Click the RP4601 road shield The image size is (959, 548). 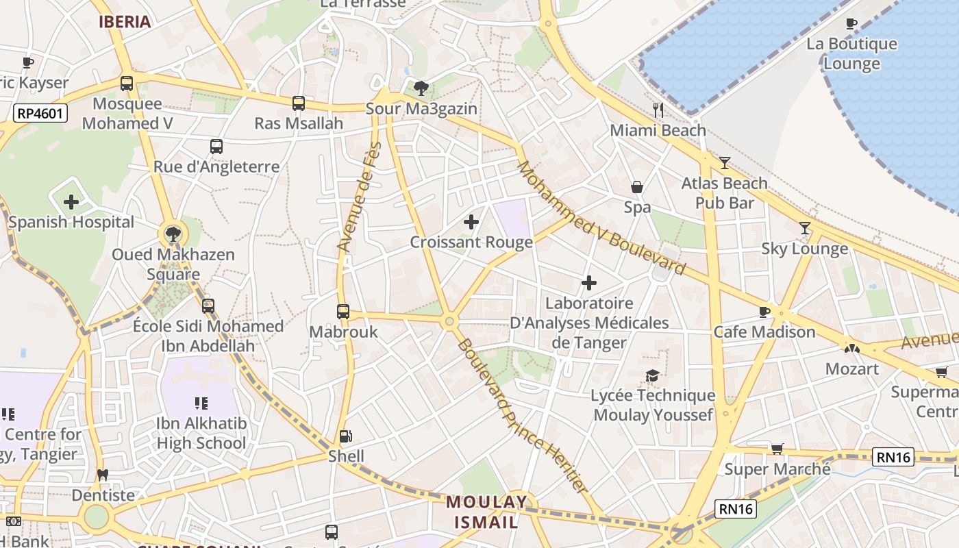pyautogui.click(x=41, y=113)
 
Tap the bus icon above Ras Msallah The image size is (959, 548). pyautogui.click(x=299, y=103)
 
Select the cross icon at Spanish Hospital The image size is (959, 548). pyautogui.click(x=71, y=202)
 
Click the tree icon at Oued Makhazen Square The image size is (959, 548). pyautogui.click(x=173, y=234)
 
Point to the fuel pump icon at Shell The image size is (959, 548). pyautogui.click(x=346, y=436)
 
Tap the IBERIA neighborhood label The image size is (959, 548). pyautogui.click(x=125, y=21)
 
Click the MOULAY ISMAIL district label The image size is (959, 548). pyautogui.click(x=486, y=512)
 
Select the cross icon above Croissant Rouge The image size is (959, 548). pyautogui.click(x=471, y=222)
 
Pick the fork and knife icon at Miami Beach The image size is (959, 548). pyautogui.click(x=658, y=110)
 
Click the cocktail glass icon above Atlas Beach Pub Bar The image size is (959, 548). pyautogui.click(x=725, y=163)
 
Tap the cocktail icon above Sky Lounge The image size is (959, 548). pyautogui.click(x=805, y=228)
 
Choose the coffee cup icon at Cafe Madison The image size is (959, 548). pyautogui.click(x=764, y=312)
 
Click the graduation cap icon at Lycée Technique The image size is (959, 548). pyautogui.click(x=653, y=375)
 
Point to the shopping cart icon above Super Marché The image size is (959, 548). pyautogui.click(x=777, y=449)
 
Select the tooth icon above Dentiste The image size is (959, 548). pyautogui.click(x=103, y=475)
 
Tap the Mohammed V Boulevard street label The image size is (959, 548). pyautogui.click(x=601, y=217)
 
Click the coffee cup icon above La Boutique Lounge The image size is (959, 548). pyautogui.click(x=851, y=24)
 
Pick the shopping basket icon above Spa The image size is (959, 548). pyautogui.click(x=637, y=187)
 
